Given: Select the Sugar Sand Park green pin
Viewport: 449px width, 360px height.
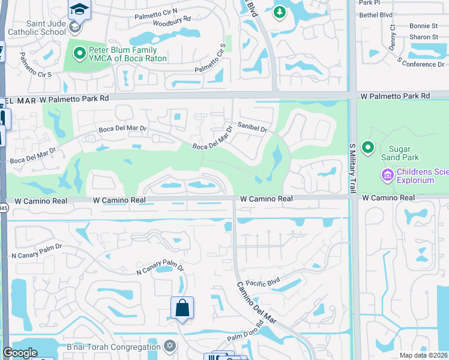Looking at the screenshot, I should click(x=368, y=146).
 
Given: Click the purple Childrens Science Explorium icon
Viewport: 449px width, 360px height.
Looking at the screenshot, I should click(x=387, y=175).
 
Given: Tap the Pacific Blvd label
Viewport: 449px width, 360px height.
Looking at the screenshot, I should click(x=263, y=281).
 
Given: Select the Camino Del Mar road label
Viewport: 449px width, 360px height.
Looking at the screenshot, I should click(x=256, y=303).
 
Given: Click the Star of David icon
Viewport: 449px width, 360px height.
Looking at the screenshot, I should click(x=170, y=346).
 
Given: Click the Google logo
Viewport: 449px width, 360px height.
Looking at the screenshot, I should click(x=20, y=353).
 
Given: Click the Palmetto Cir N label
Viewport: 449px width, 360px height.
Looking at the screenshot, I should click(x=156, y=11).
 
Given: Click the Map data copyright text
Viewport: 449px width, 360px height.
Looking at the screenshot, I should click(x=423, y=355).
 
